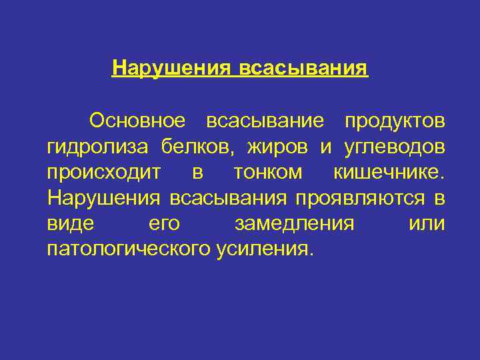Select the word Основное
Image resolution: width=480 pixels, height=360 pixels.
point(136,121)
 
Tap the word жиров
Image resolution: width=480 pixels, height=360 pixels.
point(278,146)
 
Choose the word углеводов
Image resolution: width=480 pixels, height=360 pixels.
point(394,146)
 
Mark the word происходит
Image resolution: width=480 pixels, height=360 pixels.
point(104,172)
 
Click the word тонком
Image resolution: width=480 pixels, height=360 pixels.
point(267,172)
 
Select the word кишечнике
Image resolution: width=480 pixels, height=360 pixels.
point(387,172)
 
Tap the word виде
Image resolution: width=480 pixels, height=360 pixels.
point(70,223)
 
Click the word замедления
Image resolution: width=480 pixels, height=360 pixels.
point(295,223)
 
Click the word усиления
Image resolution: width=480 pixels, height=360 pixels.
point(263,249)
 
